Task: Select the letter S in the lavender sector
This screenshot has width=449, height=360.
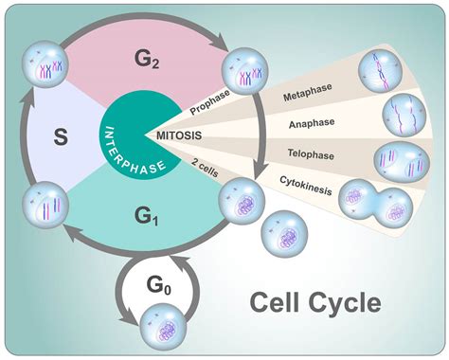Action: (60, 137)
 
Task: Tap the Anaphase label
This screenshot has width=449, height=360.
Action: (313, 123)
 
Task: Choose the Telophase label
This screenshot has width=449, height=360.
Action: (312, 152)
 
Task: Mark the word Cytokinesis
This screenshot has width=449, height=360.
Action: (305, 178)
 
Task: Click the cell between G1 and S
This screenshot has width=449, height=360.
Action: (44, 207)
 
